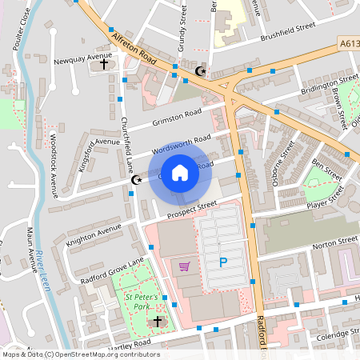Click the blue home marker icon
coord(180,173)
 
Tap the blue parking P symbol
coord(222,262)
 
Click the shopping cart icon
coord(185,266)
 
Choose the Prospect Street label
coord(191,208)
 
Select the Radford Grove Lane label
coord(112,270)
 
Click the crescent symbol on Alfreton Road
coord(200,72)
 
